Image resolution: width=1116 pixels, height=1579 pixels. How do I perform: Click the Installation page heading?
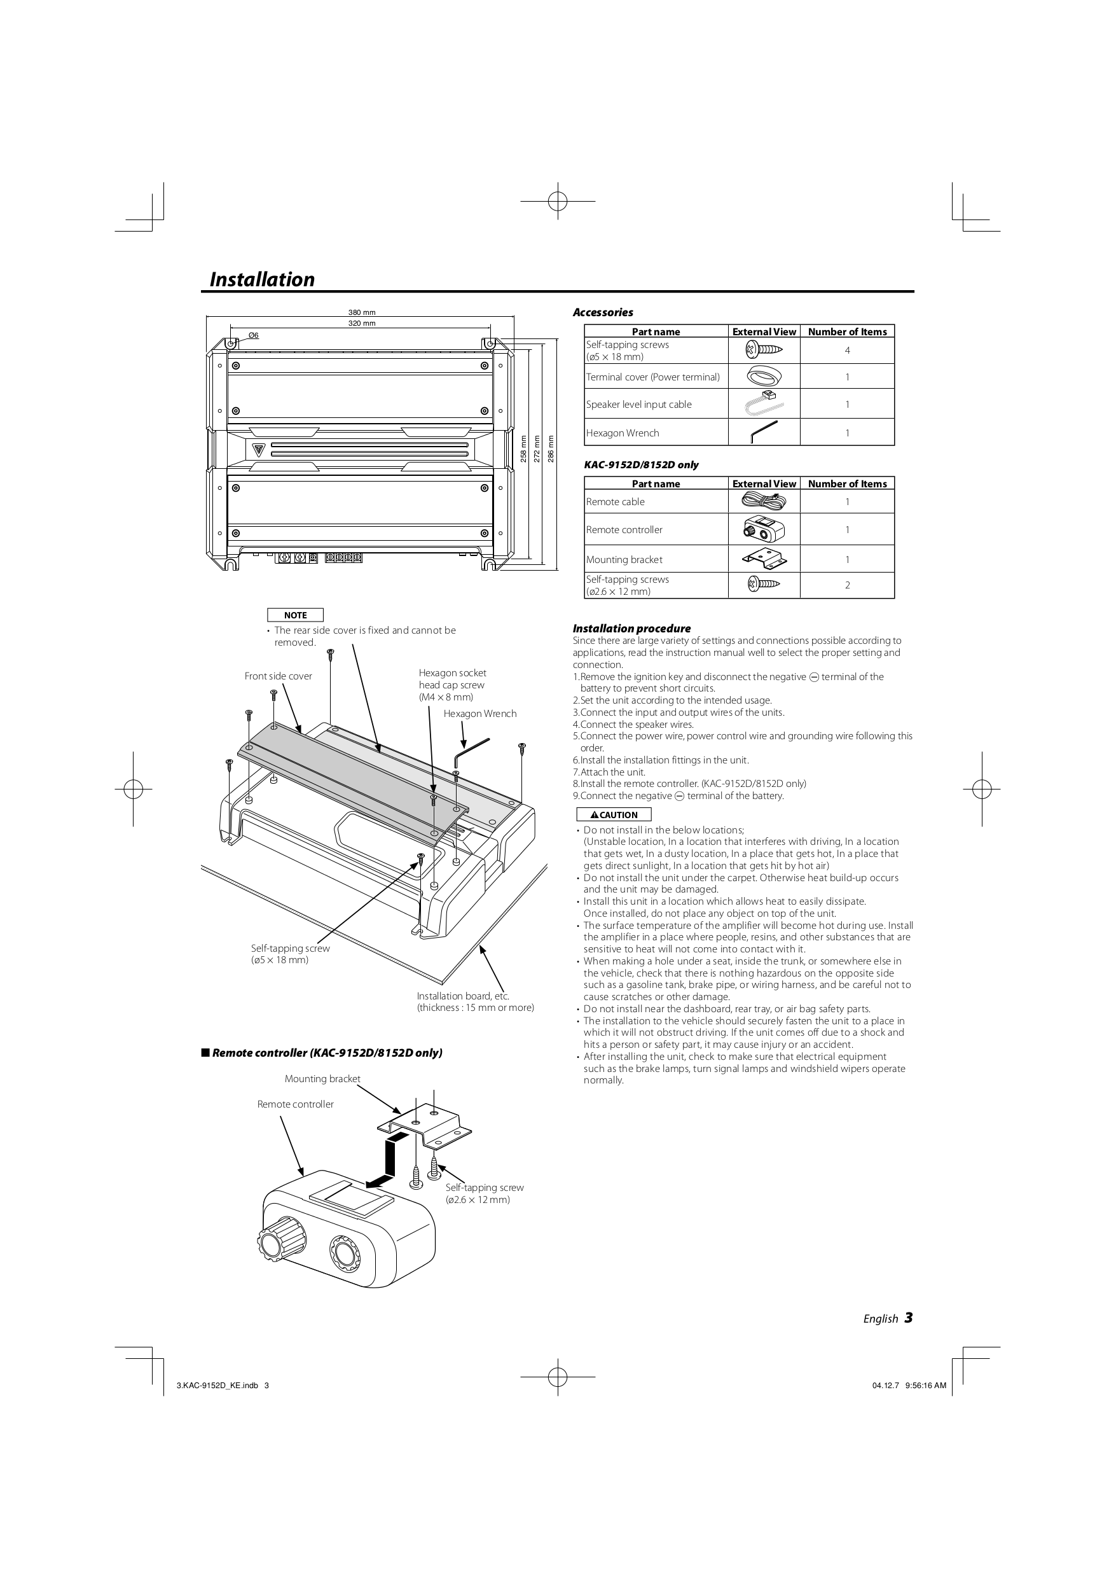262,279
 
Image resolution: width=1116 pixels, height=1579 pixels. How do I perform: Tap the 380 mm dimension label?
362,313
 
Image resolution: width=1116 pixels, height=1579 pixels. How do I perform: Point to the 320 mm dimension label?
362,323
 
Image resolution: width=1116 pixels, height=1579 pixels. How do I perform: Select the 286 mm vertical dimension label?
551,449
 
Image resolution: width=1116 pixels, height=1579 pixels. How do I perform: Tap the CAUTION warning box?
614,815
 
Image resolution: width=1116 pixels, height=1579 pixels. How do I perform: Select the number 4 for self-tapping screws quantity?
847,351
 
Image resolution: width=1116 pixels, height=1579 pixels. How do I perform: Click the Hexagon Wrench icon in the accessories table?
763,433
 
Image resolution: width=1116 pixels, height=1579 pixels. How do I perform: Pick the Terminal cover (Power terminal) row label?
652,377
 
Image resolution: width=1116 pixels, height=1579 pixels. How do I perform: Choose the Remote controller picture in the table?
763,529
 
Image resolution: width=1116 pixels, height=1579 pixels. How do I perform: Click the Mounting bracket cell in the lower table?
624,560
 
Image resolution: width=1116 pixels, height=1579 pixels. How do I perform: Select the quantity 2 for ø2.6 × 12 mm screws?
847,585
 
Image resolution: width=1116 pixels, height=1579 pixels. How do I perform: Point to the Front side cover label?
278,676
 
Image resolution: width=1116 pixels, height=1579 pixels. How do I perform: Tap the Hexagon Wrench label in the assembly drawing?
479,714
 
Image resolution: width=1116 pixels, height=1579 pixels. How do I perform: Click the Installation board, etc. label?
463,996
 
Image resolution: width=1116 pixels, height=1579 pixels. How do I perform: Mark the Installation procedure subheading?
631,629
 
